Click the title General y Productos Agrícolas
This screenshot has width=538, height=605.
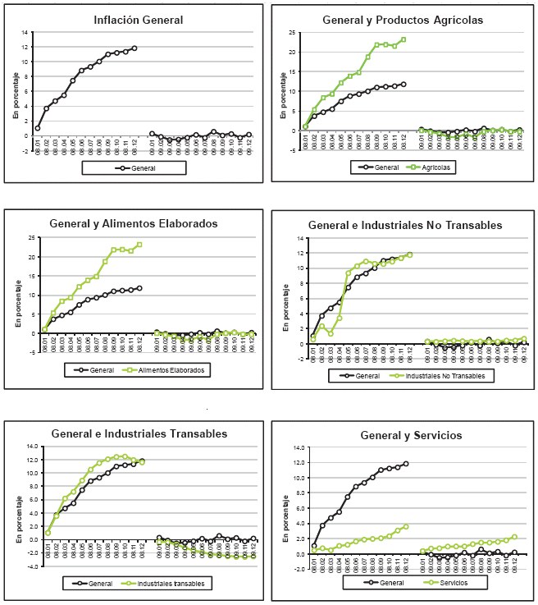(403, 19)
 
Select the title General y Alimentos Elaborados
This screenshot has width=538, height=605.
(134, 222)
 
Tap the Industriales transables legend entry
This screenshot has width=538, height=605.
(171, 584)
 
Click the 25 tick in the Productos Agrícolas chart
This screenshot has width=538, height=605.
(292, 32)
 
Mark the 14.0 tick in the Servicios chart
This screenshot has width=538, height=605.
(298, 447)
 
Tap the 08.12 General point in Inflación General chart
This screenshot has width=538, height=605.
(134, 48)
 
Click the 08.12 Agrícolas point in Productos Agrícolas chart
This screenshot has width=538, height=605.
(403, 39)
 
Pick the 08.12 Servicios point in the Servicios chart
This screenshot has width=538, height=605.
(405, 526)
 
